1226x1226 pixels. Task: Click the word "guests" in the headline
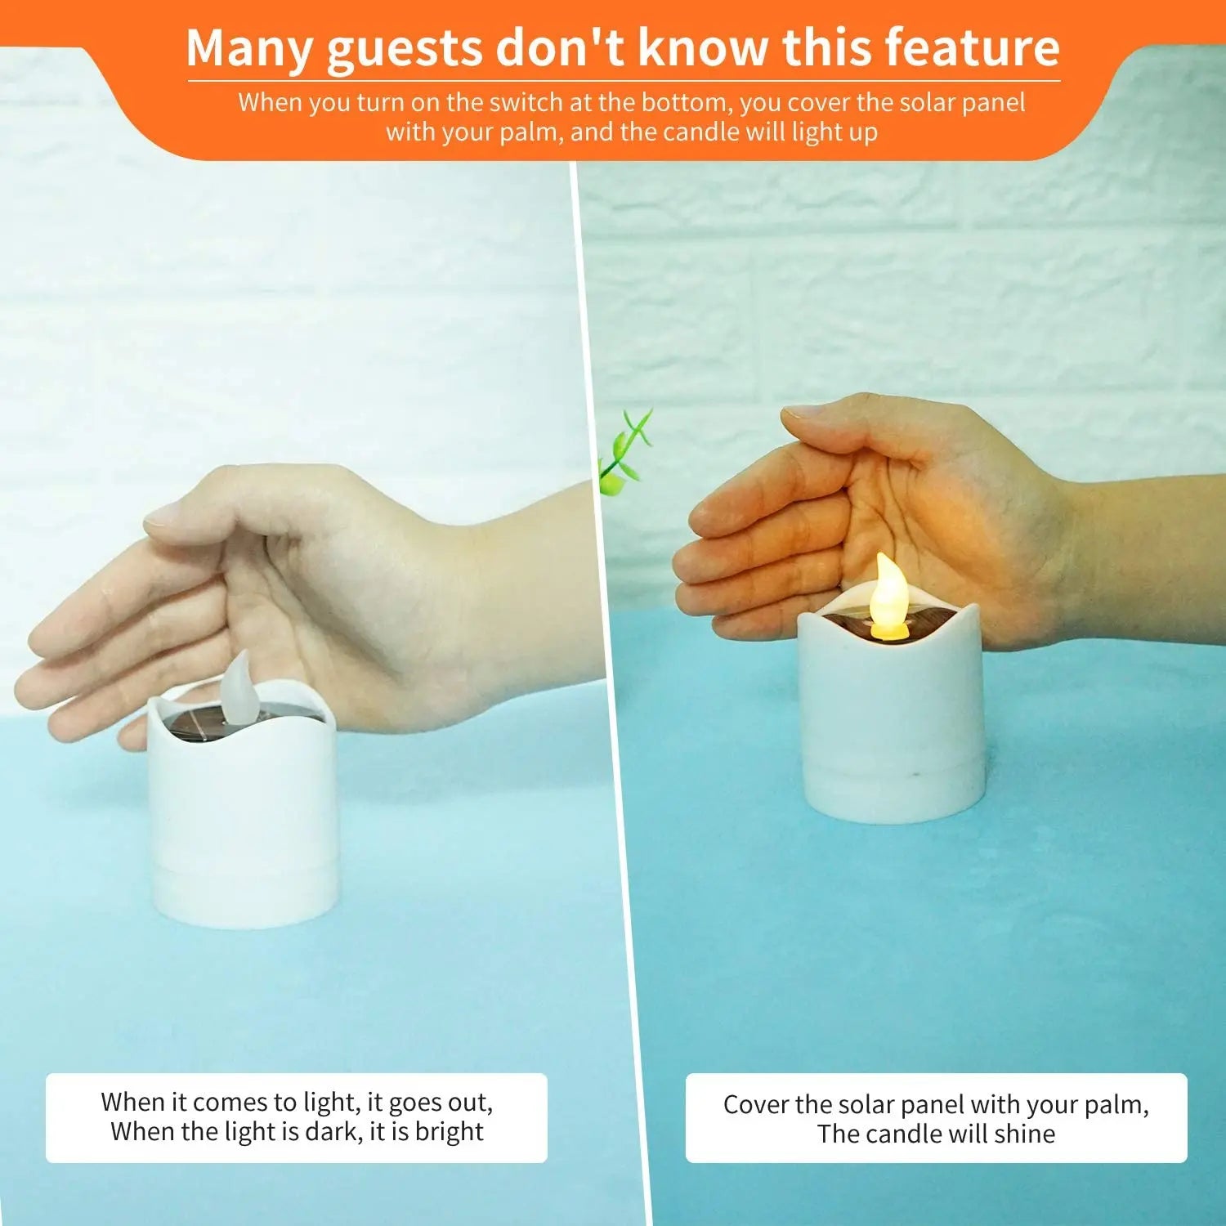pos(404,49)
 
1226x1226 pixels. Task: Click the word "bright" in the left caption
pos(449,1131)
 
